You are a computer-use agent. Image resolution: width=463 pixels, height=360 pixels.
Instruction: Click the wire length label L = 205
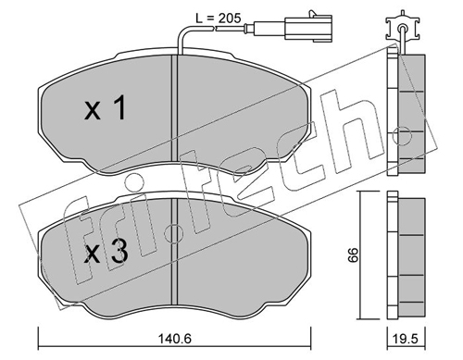pyautogui.click(x=219, y=19)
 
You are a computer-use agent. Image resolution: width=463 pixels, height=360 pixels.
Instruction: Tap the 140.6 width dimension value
pyautogui.click(x=175, y=339)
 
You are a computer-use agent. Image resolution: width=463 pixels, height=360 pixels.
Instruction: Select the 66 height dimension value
pyautogui.click(x=353, y=254)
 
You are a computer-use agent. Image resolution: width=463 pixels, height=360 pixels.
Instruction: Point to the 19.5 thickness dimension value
pyautogui.click(x=407, y=339)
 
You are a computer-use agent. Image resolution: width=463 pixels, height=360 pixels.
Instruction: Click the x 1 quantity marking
pyautogui.click(x=105, y=107)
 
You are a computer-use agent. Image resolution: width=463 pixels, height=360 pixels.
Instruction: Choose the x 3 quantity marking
pyautogui.click(x=106, y=252)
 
